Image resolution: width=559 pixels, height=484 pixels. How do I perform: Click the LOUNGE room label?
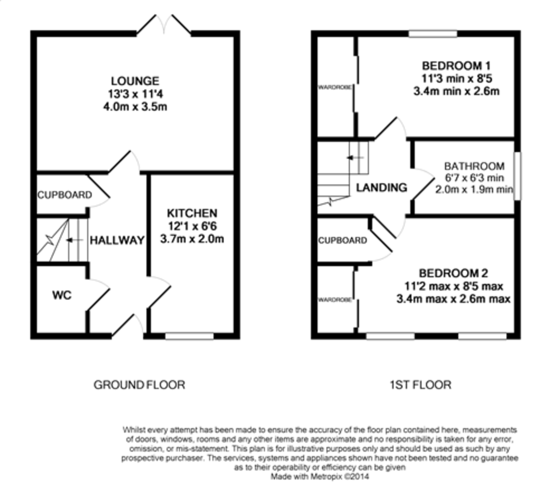pyautogui.click(x=135, y=81)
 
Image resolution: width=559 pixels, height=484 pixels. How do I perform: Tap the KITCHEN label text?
pyautogui.click(x=192, y=213)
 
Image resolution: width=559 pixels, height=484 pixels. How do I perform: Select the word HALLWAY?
pyautogui.click(x=117, y=240)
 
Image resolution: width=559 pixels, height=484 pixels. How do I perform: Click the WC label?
pyautogui.click(x=62, y=295)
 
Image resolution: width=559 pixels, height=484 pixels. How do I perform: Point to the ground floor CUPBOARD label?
pyautogui.click(x=65, y=195)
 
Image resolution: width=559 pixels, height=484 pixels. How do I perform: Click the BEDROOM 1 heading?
pyautogui.click(x=456, y=66)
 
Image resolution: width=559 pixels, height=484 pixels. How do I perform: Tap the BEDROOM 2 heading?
pyautogui.click(x=453, y=273)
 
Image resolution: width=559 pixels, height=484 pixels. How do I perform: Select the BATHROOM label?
pyautogui.click(x=474, y=166)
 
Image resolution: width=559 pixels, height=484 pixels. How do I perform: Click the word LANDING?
pyautogui.click(x=382, y=187)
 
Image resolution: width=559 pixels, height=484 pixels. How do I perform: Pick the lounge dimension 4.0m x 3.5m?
pyautogui.click(x=135, y=107)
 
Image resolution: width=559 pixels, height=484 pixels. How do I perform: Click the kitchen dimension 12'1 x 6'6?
pyautogui.click(x=192, y=226)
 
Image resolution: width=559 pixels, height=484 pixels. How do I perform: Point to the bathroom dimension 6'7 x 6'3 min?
pyautogui.click(x=474, y=178)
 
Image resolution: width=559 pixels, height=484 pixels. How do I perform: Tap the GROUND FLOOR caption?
pyautogui.click(x=139, y=385)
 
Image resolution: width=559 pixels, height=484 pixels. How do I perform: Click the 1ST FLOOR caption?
pyautogui.click(x=421, y=385)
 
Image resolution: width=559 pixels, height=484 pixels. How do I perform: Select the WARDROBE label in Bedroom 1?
pyautogui.click(x=335, y=87)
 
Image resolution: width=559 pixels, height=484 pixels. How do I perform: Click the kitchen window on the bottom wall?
pyautogui.click(x=189, y=336)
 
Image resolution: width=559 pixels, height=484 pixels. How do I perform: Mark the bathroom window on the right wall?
pyautogui.click(x=518, y=176)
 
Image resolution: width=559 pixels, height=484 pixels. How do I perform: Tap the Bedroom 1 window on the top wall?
pyautogui.click(x=433, y=34)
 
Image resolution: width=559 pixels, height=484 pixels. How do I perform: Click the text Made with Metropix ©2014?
pyautogui.click(x=320, y=476)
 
